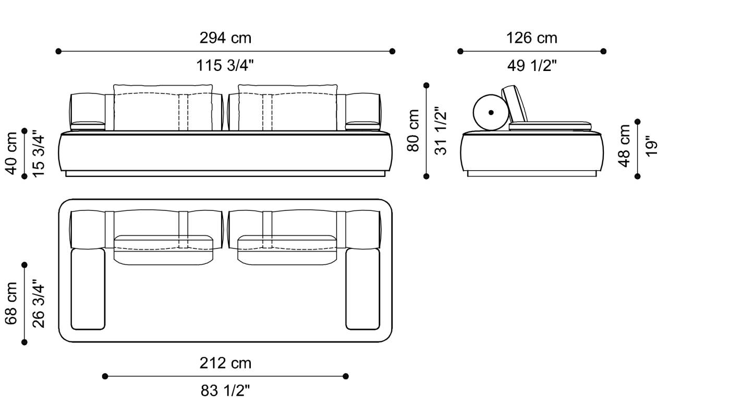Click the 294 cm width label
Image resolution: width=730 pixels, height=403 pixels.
(x=225, y=38)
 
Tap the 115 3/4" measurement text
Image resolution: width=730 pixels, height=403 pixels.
(x=225, y=66)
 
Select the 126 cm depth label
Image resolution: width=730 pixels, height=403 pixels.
(x=531, y=38)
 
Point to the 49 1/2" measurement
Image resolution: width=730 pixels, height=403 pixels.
(x=531, y=66)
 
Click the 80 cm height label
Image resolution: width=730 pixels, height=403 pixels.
(x=413, y=131)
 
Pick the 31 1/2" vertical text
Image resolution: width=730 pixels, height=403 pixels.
(x=441, y=131)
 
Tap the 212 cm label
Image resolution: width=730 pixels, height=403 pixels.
(x=225, y=363)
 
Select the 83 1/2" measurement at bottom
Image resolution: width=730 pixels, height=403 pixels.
(x=225, y=390)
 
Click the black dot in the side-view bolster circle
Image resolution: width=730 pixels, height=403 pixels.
(x=491, y=112)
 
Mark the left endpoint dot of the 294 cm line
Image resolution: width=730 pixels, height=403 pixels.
(x=58, y=51)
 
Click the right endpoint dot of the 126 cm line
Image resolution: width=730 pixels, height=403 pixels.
(x=603, y=51)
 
